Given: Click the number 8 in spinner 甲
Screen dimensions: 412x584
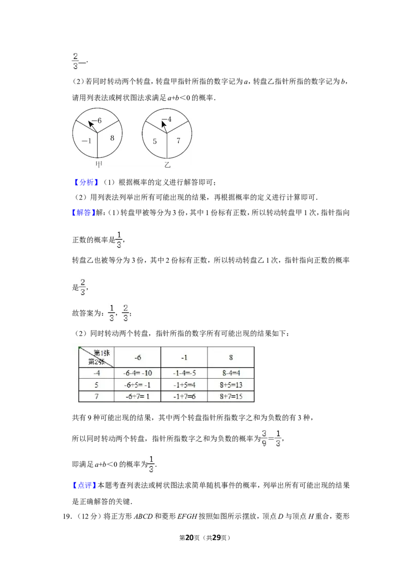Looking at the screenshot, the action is [x=112, y=138].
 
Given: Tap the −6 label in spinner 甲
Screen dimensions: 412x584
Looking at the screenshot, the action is [x=97, y=121].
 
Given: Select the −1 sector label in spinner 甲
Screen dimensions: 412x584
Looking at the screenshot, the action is [x=87, y=141].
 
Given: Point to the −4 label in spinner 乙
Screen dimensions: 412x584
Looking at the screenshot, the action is [x=166, y=119].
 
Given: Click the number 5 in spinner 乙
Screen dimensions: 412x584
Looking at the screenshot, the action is [x=154, y=141].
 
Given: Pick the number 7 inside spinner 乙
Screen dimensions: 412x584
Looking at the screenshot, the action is [x=179, y=140].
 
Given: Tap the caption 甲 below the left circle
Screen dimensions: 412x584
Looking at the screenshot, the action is [x=98, y=165].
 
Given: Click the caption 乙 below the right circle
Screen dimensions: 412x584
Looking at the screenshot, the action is [x=167, y=165].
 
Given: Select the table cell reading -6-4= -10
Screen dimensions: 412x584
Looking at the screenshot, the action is [x=137, y=373].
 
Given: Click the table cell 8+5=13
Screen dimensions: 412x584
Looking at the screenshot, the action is [x=231, y=385].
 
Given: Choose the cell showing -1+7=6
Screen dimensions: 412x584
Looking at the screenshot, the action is [x=184, y=397].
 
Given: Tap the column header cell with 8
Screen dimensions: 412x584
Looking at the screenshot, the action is [x=231, y=358].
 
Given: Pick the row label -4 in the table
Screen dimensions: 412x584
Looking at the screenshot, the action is [x=96, y=373].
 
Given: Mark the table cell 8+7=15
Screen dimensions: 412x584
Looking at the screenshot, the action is [x=231, y=397].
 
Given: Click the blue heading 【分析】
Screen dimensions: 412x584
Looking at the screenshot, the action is [x=86, y=182].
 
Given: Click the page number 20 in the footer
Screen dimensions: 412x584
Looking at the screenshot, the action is [x=190, y=538].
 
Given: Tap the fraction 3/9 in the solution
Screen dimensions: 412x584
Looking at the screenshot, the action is [x=264, y=439].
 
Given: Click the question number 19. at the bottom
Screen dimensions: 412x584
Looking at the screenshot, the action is [x=67, y=516].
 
